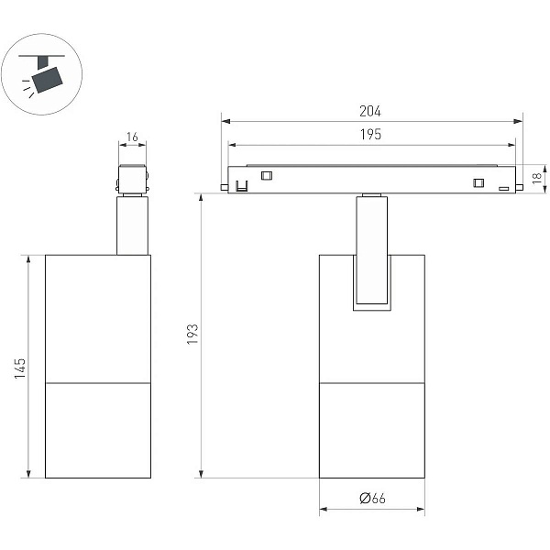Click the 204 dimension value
[x=370, y=111]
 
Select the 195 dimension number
[x=370, y=135]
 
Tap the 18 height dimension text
[x=537, y=178]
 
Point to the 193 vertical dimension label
[x=192, y=335]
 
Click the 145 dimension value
[x=20, y=368]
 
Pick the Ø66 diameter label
[x=372, y=498]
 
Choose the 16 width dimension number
[x=132, y=137]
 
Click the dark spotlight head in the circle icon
[x=48, y=80]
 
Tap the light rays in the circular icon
[x=27, y=88]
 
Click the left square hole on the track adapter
[x=267, y=175]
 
